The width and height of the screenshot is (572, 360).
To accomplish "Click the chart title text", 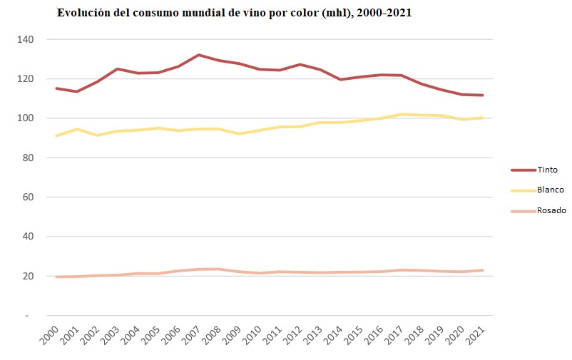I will coord(235,14).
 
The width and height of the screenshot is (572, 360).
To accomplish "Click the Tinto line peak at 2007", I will coord(198,55).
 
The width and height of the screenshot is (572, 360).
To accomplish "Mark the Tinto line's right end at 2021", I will coord(484,95).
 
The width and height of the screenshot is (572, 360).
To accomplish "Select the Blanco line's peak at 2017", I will coord(402,114).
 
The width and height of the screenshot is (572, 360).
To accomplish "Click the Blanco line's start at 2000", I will coord(56,135).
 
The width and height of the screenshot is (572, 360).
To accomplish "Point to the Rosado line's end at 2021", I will coord(484,270).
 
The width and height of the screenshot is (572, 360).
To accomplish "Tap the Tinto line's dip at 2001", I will coord(76,91).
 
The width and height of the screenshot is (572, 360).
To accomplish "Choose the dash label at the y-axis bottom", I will coord(27,315).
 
